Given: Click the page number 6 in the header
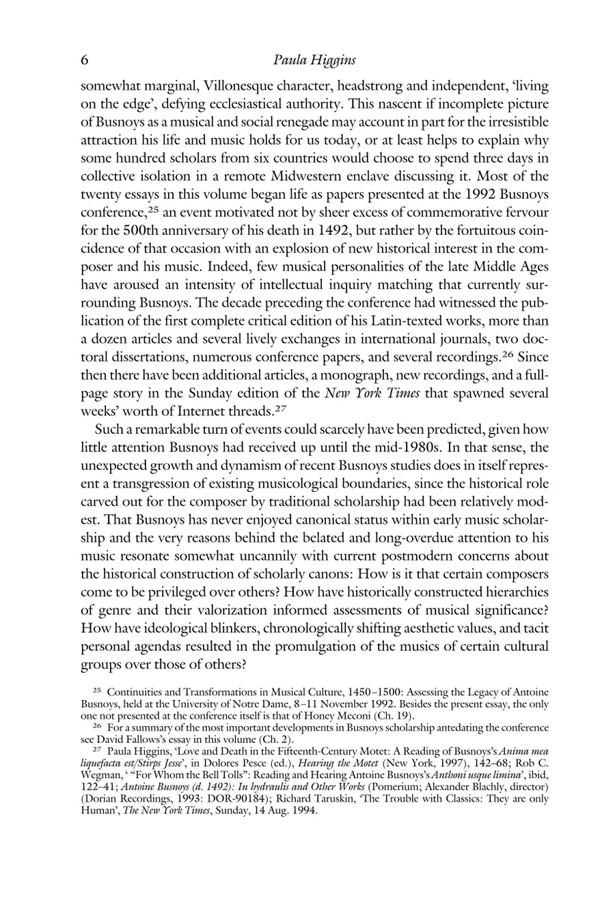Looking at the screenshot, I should tap(85, 60).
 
